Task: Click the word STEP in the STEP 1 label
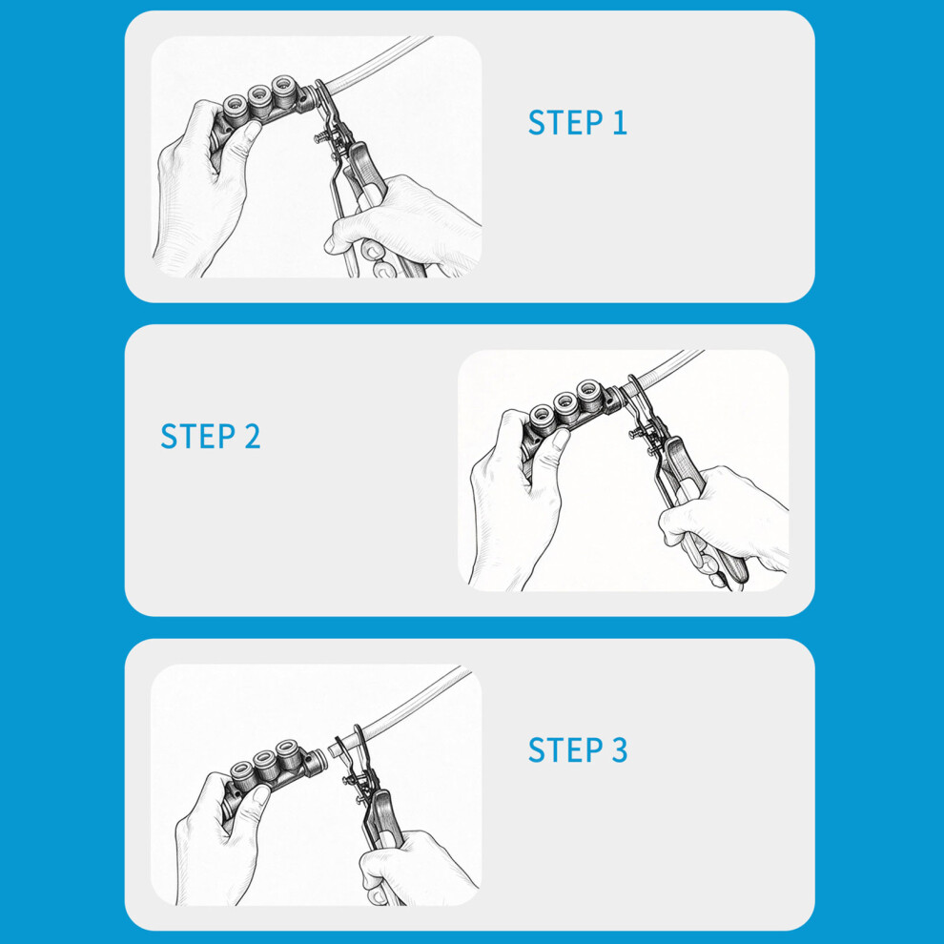click(x=565, y=123)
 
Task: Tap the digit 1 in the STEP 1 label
click(x=620, y=123)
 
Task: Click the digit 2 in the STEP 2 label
click(x=253, y=437)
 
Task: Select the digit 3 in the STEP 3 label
click(x=620, y=750)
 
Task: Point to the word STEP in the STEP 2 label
click(x=197, y=437)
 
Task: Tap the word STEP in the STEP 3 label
click(x=565, y=750)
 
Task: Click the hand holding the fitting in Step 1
click(x=202, y=187)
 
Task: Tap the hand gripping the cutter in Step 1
click(x=406, y=226)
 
